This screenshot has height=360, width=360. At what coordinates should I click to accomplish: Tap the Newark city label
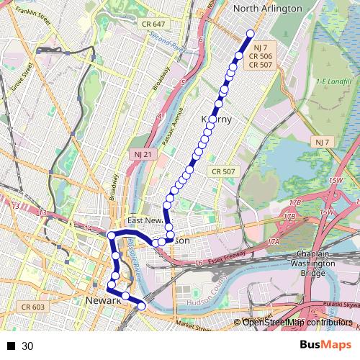101,300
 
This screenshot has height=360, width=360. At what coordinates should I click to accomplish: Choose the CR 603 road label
33,307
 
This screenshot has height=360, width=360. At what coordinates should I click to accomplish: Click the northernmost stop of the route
251,34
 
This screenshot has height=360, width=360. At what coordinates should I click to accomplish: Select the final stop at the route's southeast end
141,307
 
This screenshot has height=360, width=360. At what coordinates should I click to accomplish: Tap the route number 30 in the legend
27,346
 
